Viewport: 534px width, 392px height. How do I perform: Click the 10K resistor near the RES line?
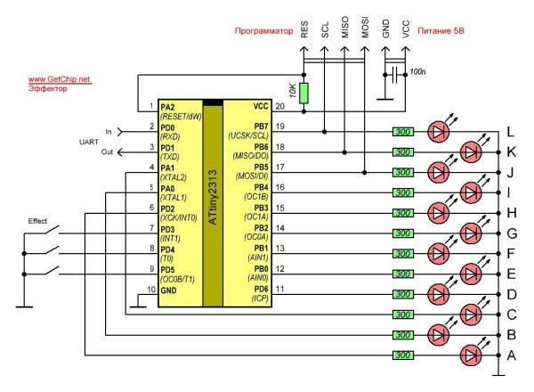point(303,93)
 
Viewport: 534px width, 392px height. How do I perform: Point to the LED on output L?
point(439,131)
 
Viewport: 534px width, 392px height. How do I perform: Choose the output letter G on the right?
point(511,233)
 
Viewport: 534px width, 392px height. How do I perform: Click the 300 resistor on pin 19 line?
point(403,131)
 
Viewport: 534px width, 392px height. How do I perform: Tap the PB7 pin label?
point(261,127)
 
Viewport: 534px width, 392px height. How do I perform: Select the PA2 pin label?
point(167,106)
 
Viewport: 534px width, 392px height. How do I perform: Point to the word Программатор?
point(263,31)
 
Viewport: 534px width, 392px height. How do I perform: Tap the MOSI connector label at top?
point(365,29)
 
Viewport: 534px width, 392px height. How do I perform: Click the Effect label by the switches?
point(37,220)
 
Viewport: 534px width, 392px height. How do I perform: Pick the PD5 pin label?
point(167,268)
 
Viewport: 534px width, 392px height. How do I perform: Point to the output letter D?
point(511,293)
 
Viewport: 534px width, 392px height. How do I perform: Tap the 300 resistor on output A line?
point(403,354)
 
